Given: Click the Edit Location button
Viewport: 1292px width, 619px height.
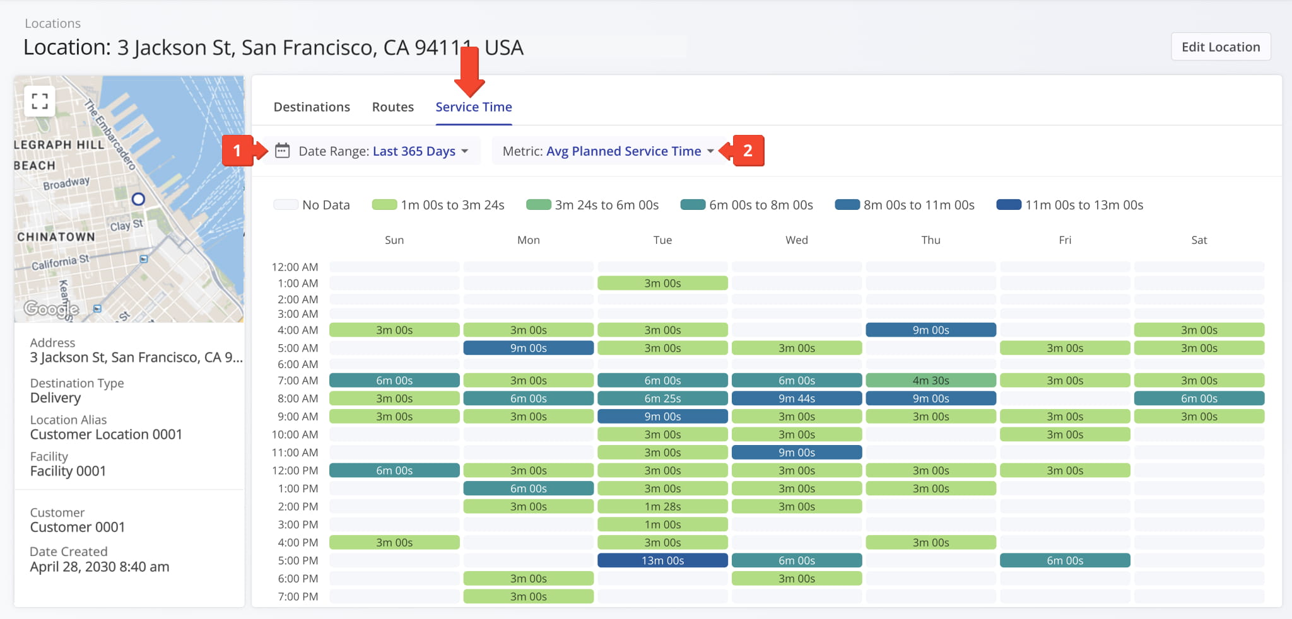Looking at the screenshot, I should (1220, 47).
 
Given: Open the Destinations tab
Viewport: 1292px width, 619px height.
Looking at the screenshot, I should (312, 107).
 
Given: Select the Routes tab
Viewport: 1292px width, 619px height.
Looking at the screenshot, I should (392, 107).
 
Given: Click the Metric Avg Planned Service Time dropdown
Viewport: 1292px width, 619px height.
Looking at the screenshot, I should (608, 151).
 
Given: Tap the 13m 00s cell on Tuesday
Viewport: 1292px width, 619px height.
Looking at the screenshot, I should (662, 560).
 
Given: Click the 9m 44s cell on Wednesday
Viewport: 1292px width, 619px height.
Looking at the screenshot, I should (796, 398).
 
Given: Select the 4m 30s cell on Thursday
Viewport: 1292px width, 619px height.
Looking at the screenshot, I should (931, 380).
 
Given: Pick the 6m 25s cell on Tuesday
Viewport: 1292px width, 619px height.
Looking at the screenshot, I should (662, 398).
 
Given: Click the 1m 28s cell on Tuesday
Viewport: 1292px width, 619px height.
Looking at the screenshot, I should (662, 506).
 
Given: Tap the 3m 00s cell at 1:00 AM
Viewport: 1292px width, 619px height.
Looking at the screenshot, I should (662, 283).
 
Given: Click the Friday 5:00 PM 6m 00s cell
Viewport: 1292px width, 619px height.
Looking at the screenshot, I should (1065, 560).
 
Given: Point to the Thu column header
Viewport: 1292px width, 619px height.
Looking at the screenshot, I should (931, 240).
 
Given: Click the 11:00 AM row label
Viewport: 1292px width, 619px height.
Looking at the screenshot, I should (295, 453).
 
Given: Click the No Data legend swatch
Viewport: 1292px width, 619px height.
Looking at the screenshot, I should (285, 205).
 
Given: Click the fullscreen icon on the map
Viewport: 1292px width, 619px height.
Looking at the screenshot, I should (40, 101).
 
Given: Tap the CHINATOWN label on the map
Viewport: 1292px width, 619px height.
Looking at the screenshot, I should (56, 237).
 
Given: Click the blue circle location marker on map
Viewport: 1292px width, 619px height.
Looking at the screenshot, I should (138, 199).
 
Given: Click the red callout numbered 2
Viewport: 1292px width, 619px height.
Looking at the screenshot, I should (748, 151).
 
